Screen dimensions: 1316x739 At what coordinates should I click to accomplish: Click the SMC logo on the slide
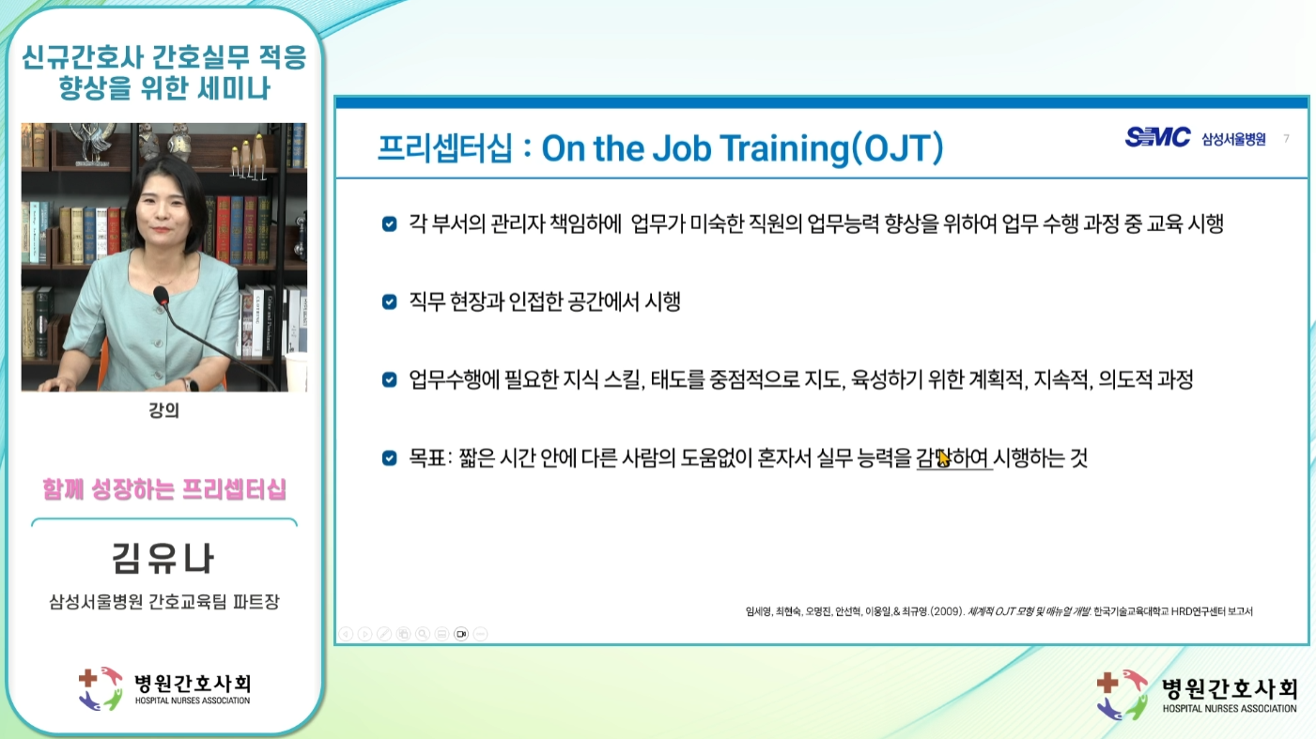pyautogui.click(x=1157, y=137)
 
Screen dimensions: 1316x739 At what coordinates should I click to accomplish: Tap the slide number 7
pyautogui.click(x=1286, y=139)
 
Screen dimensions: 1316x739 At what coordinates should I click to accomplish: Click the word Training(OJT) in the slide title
pyautogui.click(x=832, y=148)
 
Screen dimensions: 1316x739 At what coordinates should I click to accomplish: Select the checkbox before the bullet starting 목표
pyautogui.click(x=389, y=457)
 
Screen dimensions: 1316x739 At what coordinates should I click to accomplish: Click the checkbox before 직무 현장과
pyautogui.click(x=389, y=302)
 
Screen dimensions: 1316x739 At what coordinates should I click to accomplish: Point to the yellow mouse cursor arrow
pyautogui.click(x=943, y=457)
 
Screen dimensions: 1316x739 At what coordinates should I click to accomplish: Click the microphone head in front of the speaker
pyautogui.click(x=161, y=296)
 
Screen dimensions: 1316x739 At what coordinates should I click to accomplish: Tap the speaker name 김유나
pyautogui.click(x=163, y=558)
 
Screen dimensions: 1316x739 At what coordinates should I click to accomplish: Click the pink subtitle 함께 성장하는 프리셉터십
pyautogui.click(x=163, y=489)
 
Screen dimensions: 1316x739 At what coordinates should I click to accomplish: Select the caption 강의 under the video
pyautogui.click(x=163, y=410)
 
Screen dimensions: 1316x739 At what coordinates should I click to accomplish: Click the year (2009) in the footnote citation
pyautogui.click(x=948, y=611)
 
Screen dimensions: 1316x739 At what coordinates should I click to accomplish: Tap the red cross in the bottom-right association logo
pyautogui.click(x=1107, y=682)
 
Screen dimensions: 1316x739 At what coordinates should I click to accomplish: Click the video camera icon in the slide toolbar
pyautogui.click(x=461, y=634)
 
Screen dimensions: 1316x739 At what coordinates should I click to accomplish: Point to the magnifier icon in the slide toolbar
pyautogui.click(x=423, y=634)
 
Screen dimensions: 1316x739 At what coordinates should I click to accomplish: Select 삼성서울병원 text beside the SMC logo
pyautogui.click(x=1233, y=139)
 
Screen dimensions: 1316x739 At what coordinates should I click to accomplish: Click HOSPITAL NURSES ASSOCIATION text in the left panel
pyautogui.click(x=193, y=701)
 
